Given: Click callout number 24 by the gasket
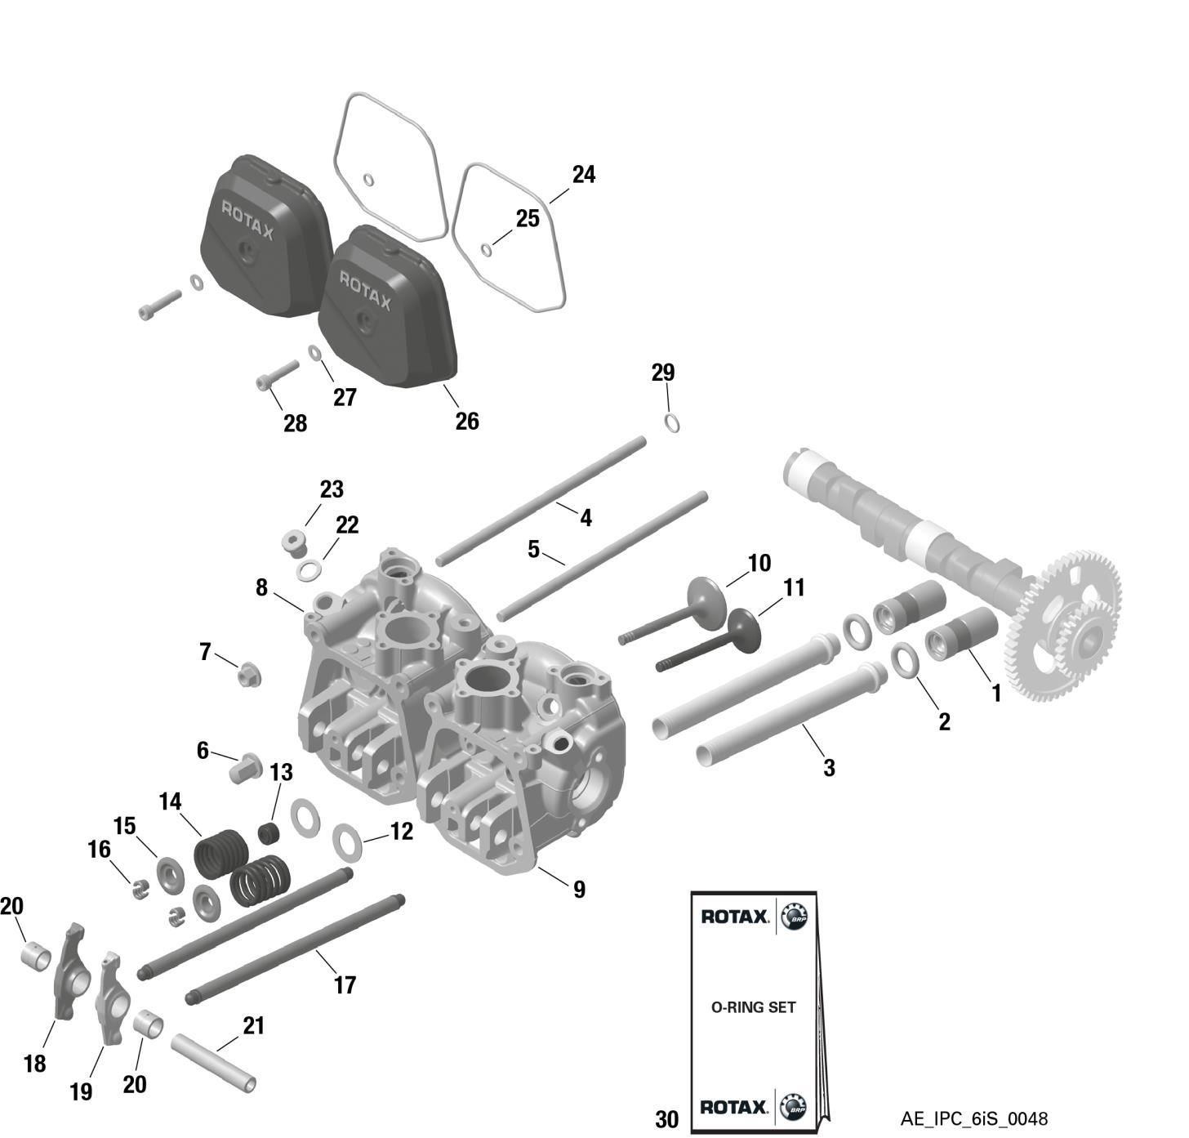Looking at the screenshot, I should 583,175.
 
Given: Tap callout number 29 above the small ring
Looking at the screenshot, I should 663,373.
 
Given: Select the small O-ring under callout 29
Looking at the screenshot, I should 673,423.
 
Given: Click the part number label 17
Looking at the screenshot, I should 345,985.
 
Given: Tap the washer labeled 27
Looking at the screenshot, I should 315,352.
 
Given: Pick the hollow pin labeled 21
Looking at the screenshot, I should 213,1063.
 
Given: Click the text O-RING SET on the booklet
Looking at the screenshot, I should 753,1007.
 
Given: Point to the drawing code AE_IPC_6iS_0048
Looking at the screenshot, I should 974,1118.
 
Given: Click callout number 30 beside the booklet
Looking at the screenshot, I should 666,1119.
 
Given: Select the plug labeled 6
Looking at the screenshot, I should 244,768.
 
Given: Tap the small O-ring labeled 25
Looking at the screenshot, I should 486,249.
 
